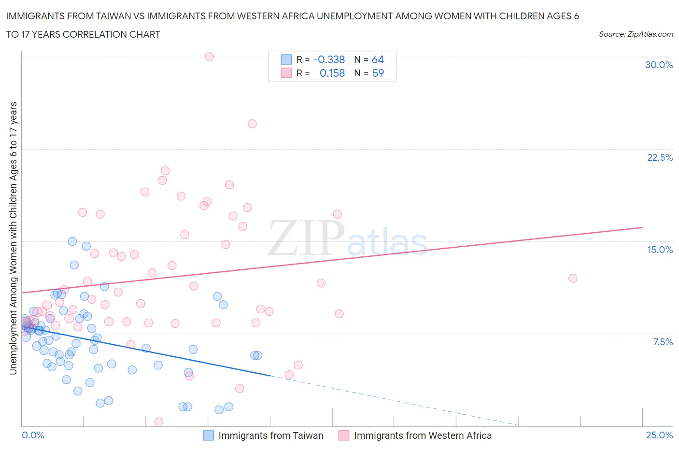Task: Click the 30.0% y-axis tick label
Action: [659, 65]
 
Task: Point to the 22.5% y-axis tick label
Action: [660, 157]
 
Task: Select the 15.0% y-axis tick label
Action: [660, 250]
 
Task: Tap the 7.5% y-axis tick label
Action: [663, 342]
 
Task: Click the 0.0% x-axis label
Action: [33, 435]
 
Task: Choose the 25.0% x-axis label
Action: [659, 435]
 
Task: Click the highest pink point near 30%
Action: [209, 56]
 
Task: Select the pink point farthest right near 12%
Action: [573, 278]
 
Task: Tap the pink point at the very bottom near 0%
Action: [158, 422]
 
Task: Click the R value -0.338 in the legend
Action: [329, 59]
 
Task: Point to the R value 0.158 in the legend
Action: [332, 73]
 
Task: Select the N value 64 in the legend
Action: [378, 59]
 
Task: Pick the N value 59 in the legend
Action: [378, 73]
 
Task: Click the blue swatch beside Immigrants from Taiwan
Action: [208, 435]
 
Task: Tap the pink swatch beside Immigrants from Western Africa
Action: [343, 435]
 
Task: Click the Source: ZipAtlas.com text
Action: [636, 34]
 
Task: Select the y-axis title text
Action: [13, 239]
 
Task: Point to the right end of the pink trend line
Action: [642, 227]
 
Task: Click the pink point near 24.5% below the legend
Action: [252, 124]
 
